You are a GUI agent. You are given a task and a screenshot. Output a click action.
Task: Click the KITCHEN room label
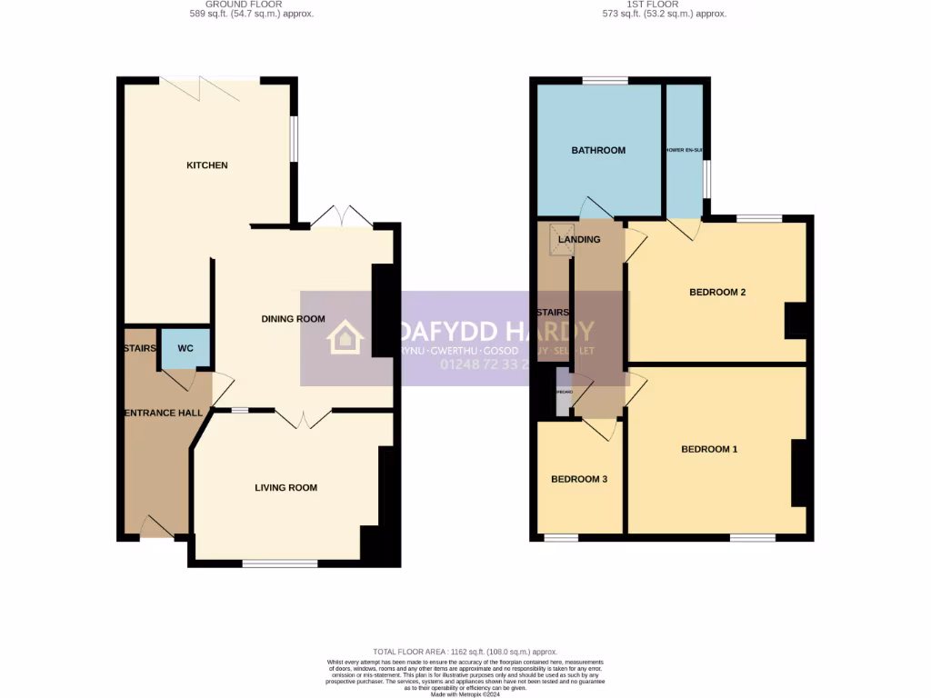206,165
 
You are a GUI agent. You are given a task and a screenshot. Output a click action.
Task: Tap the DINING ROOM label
293,319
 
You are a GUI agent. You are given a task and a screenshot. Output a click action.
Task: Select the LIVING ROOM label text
285,488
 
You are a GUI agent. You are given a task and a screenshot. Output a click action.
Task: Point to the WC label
185,348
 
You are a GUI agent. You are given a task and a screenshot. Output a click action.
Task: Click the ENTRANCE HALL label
164,414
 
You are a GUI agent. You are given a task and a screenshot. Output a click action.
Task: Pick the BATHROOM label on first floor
598,150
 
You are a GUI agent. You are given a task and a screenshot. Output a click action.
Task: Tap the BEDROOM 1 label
710,449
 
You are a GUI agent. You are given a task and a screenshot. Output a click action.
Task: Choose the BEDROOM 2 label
717,293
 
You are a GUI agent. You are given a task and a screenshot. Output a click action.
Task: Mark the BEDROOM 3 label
579,480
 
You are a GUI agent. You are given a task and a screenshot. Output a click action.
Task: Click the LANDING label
579,240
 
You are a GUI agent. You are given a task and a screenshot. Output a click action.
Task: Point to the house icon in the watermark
345,337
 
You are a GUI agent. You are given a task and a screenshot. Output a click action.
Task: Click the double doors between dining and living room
304,417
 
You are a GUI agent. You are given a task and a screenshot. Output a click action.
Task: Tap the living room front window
280,564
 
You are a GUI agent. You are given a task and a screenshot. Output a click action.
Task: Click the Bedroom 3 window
561,538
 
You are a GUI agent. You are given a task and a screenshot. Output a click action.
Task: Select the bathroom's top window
605,81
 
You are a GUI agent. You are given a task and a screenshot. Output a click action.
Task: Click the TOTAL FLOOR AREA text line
465,653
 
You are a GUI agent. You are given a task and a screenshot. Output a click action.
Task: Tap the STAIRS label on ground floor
140,347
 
